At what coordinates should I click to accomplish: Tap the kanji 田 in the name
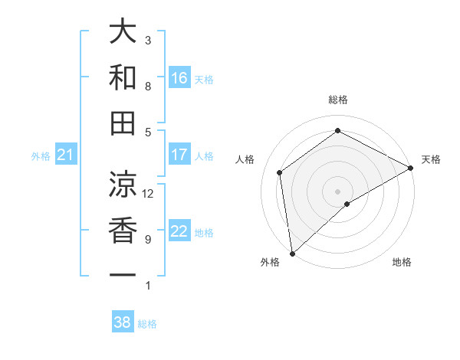pyautogui.click(x=123, y=123)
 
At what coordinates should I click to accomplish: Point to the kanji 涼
pyautogui.click(x=123, y=184)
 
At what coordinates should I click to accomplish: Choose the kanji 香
pyautogui.click(x=123, y=230)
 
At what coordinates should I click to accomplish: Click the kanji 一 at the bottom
pyautogui.click(x=123, y=274)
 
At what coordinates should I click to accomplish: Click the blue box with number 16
pyautogui.click(x=179, y=77)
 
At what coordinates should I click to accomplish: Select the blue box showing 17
pyautogui.click(x=179, y=155)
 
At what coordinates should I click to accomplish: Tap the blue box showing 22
pyautogui.click(x=179, y=231)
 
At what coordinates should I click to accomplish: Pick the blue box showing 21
pyautogui.click(x=66, y=155)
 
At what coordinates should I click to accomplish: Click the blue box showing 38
pyautogui.click(x=123, y=322)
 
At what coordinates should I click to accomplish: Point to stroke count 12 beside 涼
pyautogui.click(x=149, y=194)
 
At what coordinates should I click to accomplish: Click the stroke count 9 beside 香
pyautogui.click(x=148, y=240)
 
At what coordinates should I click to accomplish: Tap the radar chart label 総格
pyautogui.click(x=338, y=100)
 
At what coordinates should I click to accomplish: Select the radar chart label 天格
pyautogui.click(x=431, y=159)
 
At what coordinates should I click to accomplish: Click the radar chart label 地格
pyautogui.click(x=402, y=262)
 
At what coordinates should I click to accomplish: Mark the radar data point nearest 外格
pyautogui.click(x=292, y=253)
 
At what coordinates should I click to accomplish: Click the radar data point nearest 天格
pyautogui.click(x=411, y=168)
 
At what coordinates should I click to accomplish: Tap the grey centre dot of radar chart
pyautogui.click(x=338, y=191)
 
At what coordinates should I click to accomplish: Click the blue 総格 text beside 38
pyautogui.click(x=147, y=324)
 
